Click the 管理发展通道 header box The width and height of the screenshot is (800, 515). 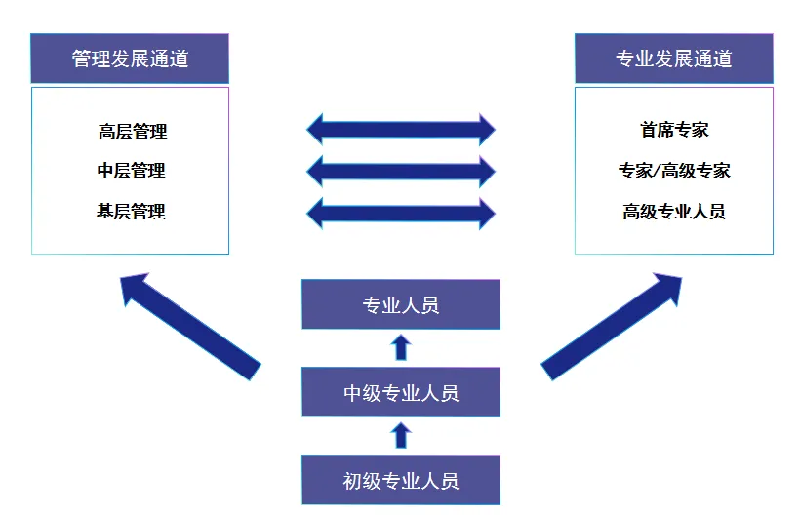(x=130, y=59)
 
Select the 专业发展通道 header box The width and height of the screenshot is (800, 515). (x=673, y=59)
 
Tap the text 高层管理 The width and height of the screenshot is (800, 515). (x=133, y=132)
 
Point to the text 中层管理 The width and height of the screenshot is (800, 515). (x=132, y=171)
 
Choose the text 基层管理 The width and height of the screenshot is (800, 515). (x=132, y=211)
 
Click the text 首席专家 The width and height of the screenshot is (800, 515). (x=674, y=130)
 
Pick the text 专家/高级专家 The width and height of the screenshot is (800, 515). (x=674, y=171)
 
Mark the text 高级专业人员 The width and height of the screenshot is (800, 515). (x=674, y=211)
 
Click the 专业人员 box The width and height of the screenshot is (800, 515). (x=401, y=304)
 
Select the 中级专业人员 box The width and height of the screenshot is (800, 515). (x=401, y=393)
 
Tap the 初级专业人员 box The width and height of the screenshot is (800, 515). (x=401, y=480)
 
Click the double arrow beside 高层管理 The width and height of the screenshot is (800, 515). (x=401, y=129)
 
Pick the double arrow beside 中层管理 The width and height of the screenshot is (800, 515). (x=401, y=171)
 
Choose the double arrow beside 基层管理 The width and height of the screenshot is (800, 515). (x=401, y=212)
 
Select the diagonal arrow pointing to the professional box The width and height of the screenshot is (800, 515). (x=613, y=325)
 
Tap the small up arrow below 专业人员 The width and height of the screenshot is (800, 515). (x=401, y=347)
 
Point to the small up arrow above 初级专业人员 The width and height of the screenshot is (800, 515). (x=401, y=435)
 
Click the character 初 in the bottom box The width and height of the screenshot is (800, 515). (x=353, y=480)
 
